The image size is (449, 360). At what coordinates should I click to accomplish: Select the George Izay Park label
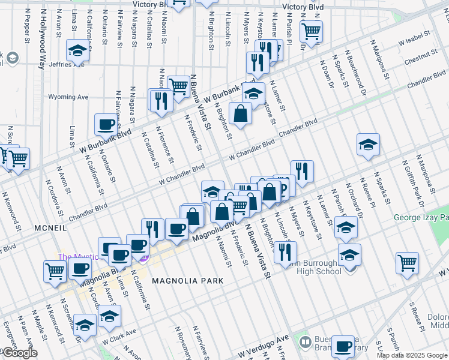coord(421,218)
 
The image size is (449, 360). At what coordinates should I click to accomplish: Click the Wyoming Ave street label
coord(68,97)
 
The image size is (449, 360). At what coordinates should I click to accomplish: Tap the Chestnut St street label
coord(421,58)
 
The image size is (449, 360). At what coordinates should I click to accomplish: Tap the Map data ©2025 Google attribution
coord(412,355)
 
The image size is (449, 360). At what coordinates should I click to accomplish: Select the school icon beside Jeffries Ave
coord(77,51)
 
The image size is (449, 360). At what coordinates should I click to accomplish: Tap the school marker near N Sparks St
coord(368,144)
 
